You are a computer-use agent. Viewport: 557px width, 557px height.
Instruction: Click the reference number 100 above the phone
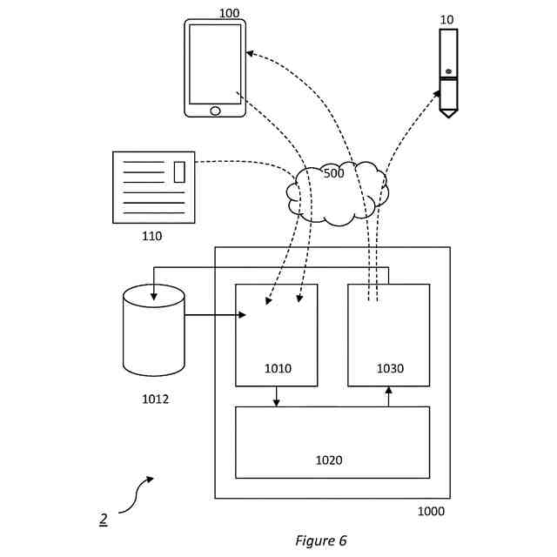(x=229, y=14)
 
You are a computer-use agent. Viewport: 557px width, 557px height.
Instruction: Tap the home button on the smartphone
(x=215, y=111)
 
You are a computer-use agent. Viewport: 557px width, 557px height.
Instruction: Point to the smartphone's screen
(x=215, y=64)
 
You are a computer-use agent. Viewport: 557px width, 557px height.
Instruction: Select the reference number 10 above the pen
(x=446, y=20)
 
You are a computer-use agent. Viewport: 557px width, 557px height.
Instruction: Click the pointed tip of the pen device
(x=449, y=117)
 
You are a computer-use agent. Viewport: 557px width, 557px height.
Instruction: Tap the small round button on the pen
(x=449, y=71)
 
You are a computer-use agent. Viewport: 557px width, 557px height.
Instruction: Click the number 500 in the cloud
(x=334, y=173)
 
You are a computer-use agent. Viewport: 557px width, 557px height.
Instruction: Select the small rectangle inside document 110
(x=179, y=172)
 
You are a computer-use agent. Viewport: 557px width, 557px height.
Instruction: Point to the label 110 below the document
(x=152, y=236)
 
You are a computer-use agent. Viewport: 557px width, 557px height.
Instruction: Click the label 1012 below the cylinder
(x=155, y=399)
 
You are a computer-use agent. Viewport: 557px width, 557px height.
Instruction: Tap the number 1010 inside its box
(x=278, y=369)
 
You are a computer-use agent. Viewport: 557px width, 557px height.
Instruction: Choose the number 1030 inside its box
(x=390, y=369)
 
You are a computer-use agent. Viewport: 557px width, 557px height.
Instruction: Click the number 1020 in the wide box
(x=329, y=460)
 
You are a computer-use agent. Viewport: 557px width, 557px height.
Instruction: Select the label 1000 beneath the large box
(x=431, y=512)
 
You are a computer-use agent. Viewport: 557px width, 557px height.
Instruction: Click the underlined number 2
(x=104, y=519)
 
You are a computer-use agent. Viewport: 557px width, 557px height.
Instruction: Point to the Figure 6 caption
(x=321, y=540)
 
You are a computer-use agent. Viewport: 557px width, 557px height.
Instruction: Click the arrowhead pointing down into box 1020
(x=277, y=403)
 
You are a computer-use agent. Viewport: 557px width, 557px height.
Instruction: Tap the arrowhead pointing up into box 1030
(x=389, y=391)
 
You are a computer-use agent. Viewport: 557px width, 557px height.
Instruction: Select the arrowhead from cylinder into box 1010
(x=242, y=315)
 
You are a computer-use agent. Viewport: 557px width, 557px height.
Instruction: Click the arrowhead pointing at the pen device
(x=437, y=94)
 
